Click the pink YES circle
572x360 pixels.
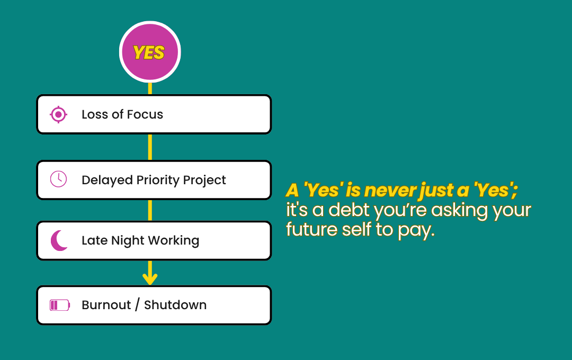click(x=150, y=52)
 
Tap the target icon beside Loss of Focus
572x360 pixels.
click(x=58, y=114)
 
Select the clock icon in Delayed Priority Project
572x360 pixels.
click(x=58, y=179)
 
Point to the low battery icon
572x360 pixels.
click(x=60, y=305)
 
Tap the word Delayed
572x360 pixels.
click(x=107, y=180)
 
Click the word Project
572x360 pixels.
click(x=204, y=180)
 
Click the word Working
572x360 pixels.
click(x=174, y=241)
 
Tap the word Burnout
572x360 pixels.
click(x=106, y=305)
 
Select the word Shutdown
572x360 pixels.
click(x=175, y=305)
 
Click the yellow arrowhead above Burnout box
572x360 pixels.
click(x=150, y=279)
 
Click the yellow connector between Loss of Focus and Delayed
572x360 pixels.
click(x=150, y=147)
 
